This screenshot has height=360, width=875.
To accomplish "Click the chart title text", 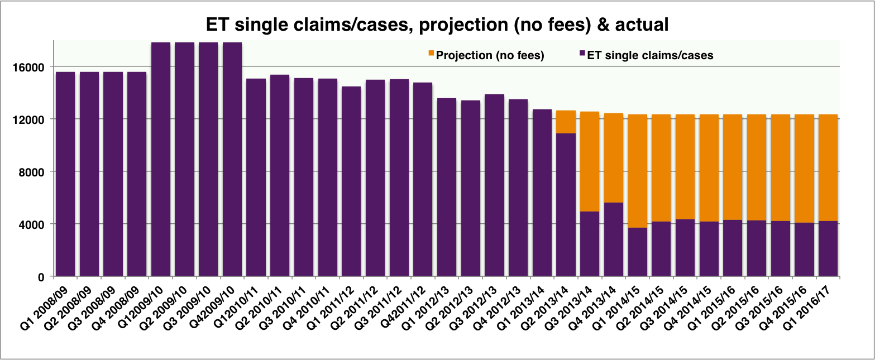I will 437,25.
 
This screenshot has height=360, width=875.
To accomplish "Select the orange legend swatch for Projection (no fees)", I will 431,54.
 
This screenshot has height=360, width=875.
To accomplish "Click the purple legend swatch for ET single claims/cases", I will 581,54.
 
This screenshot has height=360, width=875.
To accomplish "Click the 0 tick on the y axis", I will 45,277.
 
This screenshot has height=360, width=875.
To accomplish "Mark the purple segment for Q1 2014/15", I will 638,252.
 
